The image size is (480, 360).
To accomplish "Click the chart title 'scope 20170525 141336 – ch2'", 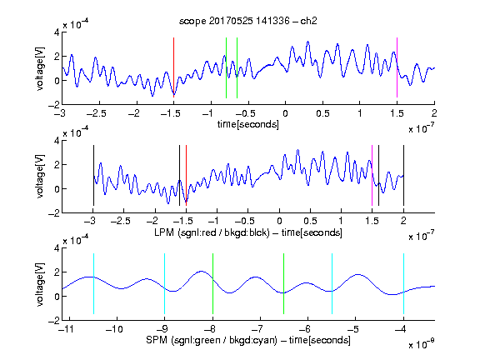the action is click(248, 21).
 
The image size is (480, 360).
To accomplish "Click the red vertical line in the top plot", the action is click(173, 67).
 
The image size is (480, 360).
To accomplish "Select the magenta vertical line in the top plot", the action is click(397, 67).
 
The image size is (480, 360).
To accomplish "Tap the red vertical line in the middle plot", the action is click(186, 175).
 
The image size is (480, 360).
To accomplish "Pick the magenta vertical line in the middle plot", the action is click(372, 175).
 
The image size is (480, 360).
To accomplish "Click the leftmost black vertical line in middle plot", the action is click(93, 175).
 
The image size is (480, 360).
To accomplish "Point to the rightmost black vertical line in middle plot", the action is click(403, 175).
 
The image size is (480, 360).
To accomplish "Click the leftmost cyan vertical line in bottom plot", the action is click(93, 284).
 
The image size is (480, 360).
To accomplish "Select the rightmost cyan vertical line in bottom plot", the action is click(403, 284).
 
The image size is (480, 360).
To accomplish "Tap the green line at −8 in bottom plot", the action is click(212, 284).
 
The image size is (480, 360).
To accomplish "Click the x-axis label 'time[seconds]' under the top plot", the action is click(248, 124).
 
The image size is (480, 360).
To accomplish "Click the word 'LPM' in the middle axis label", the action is click(164, 232).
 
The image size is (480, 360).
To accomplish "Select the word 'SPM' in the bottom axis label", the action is click(157, 340).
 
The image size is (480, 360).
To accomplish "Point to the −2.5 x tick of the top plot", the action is click(96, 113).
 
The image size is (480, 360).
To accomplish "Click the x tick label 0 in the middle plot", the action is click(279, 221).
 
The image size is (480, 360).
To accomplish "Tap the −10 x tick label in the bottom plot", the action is click(114, 329).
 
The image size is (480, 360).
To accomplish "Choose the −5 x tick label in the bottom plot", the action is click(354, 329).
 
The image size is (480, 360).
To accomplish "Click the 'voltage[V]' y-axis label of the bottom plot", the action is click(40, 284).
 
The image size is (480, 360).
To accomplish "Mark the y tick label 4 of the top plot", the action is click(57, 32).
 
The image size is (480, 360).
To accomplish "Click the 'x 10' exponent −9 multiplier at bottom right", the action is click(422, 343).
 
